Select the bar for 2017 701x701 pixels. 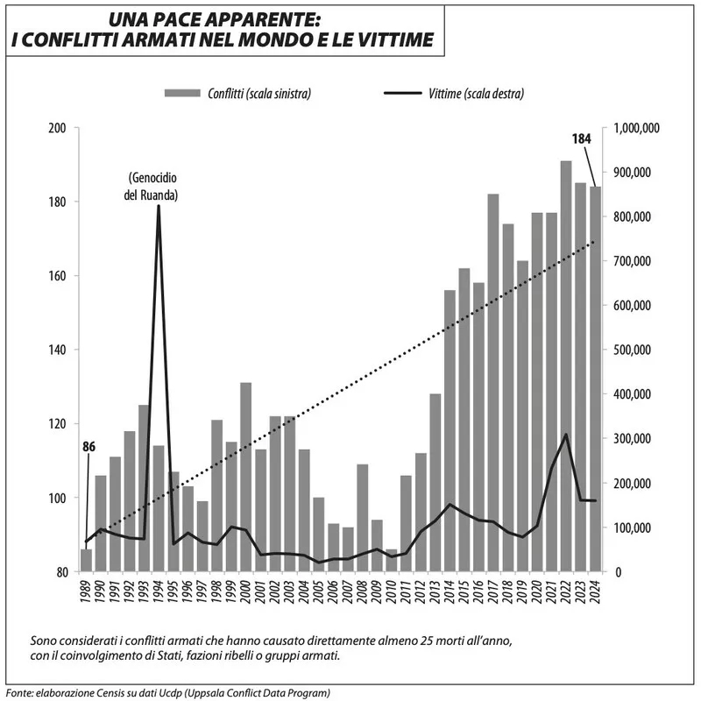(x=493, y=383)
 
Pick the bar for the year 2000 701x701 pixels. (x=246, y=478)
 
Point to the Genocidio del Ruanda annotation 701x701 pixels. (x=152, y=188)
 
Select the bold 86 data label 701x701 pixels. (x=89, y=446)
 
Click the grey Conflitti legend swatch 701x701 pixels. (x=182, y=93)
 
